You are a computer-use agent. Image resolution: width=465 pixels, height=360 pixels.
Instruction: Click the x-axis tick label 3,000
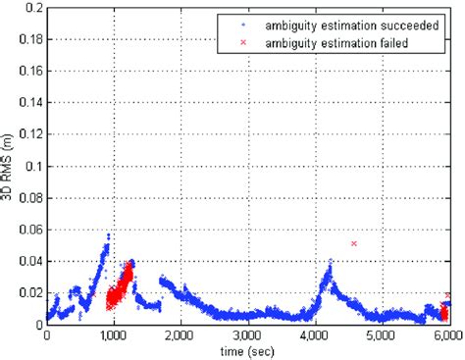click(x=247, y=334)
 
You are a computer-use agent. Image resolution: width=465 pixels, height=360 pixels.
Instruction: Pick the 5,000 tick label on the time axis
click(x=382, y=334)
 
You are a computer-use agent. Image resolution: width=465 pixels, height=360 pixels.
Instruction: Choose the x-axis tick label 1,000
click(x=114, y=334)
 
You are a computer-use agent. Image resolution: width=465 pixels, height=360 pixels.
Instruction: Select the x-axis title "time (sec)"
click(x=247, y=350)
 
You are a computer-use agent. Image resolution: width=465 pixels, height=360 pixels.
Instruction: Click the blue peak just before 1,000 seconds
click(x=107, y=235)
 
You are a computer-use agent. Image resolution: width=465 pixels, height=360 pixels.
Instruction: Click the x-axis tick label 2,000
click(x=181, y=334)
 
